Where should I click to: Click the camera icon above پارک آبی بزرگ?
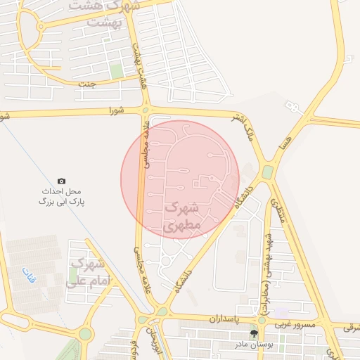click(61, 181)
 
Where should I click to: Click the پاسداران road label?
click(224, 319)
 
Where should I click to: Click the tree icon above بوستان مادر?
click(254, 333)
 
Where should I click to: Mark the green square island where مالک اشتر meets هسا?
click(268, 172)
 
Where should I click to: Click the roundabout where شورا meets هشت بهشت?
click(146, 110)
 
